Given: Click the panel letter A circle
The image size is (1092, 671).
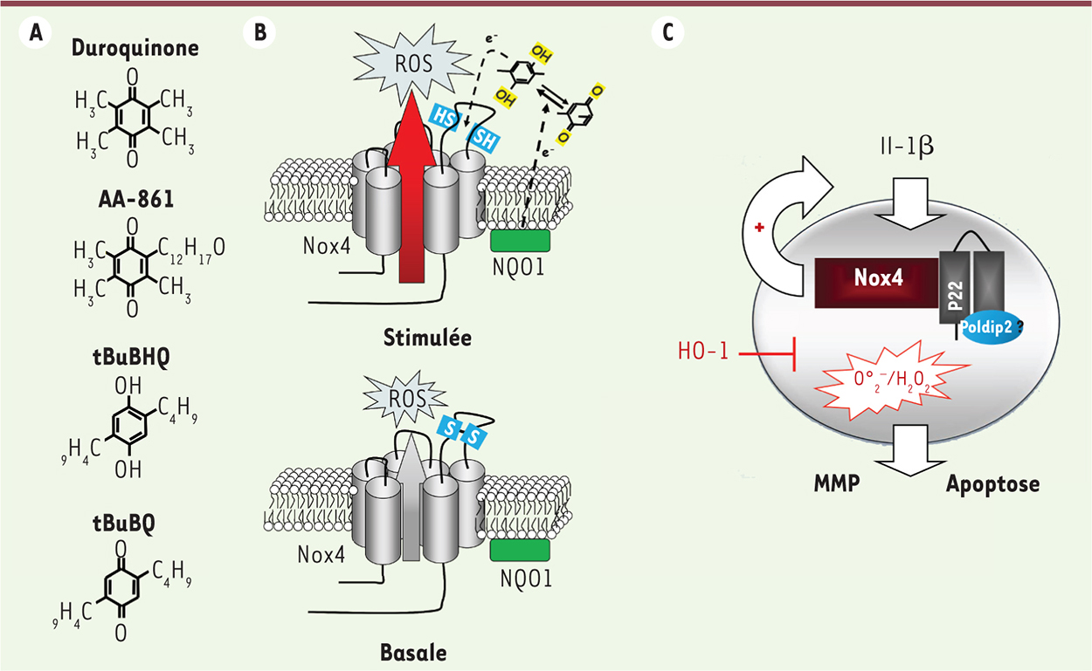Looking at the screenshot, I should [x=36, y=33].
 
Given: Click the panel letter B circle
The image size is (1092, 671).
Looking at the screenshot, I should [x=260, y=33].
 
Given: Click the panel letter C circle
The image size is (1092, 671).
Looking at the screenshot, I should [x=667, y=33].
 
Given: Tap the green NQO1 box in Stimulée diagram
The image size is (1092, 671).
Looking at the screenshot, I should [x=520, y=241].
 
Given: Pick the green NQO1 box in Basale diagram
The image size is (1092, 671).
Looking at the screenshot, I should [x=520, y=550].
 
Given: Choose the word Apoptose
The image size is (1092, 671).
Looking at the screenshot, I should [x=992, y=483].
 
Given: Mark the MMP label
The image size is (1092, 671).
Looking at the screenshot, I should [x=835, y=483].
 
